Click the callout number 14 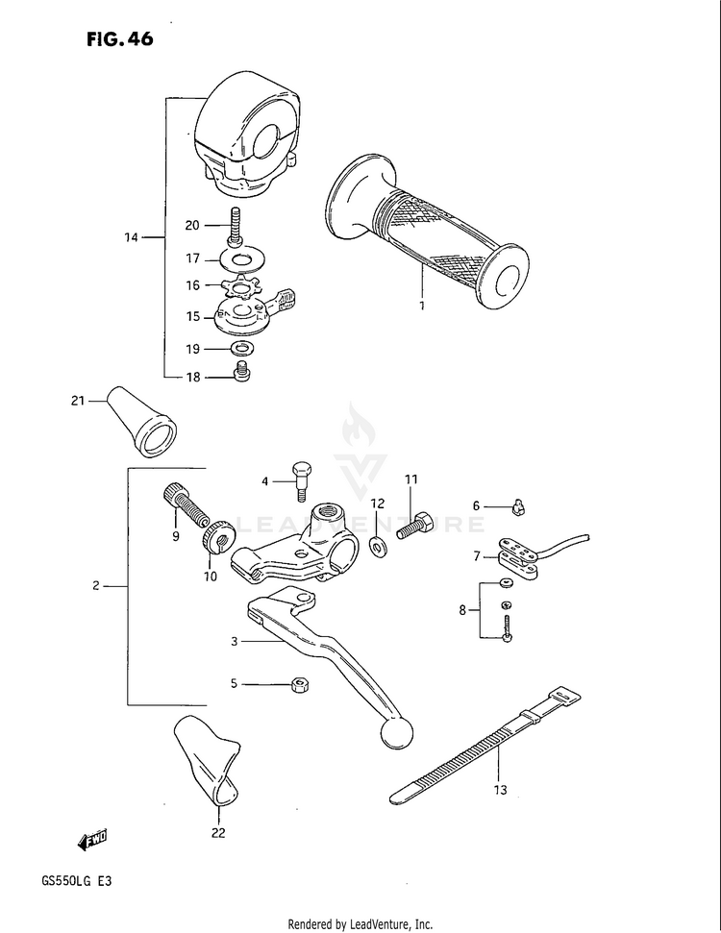(x=132, y=236)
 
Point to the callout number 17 (x=192, y=258)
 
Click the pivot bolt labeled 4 (x=301, y=477)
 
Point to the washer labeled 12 (x=378, y=547)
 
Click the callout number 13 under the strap (x=499, y=791)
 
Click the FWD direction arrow (x=92, y=839)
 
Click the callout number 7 (x=476, y=555)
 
